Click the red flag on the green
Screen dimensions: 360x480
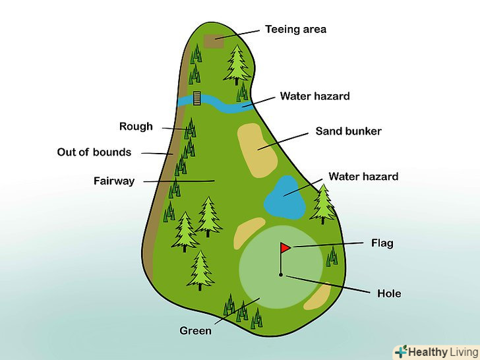coord(285,248)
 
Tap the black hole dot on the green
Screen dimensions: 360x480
coord(281,274)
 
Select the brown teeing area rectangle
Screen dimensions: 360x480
coord(214,41)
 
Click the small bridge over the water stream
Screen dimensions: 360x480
coord(197,99)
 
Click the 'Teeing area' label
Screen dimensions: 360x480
coord(295,29)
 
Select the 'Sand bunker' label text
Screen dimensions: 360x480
coord(348,131)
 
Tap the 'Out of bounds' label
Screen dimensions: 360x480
coord(94,152)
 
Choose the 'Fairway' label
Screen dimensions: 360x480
coord(114,181)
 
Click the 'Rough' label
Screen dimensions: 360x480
coord(136,127)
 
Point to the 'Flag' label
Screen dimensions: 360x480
coord(382,243)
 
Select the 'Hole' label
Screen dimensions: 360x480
coord(389,293)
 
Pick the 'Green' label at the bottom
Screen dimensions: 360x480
coord(196,330)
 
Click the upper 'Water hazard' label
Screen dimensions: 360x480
coord(315,96)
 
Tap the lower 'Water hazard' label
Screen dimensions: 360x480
coord(363,177)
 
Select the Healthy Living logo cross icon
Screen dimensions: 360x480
coord(400,351)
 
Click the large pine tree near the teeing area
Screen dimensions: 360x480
coord(237,64)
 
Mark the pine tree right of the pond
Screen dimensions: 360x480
coord(323,204)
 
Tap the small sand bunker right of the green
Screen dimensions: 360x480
coord(318,295)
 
